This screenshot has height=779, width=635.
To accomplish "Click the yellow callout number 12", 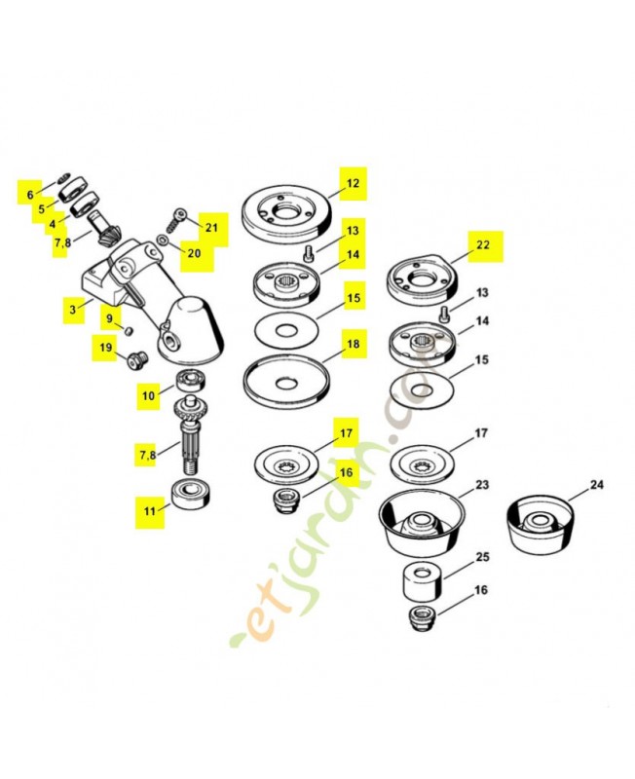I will click(x=352, y=182).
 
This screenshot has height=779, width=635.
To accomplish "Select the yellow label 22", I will click(x=483, y=247).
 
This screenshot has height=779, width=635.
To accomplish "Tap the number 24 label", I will click(x=596, y=485).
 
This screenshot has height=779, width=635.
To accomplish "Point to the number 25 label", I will click(x=481, y=558).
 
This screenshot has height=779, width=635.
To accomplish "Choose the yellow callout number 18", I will click(x=352, y=345).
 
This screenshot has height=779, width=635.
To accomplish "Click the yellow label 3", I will click(x=72, y=311).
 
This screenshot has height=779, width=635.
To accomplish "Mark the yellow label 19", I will click(x=104, y=348).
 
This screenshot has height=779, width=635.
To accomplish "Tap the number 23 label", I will click(x=481, y=485).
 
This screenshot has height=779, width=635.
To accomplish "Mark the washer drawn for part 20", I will click(x=163, y=240).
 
